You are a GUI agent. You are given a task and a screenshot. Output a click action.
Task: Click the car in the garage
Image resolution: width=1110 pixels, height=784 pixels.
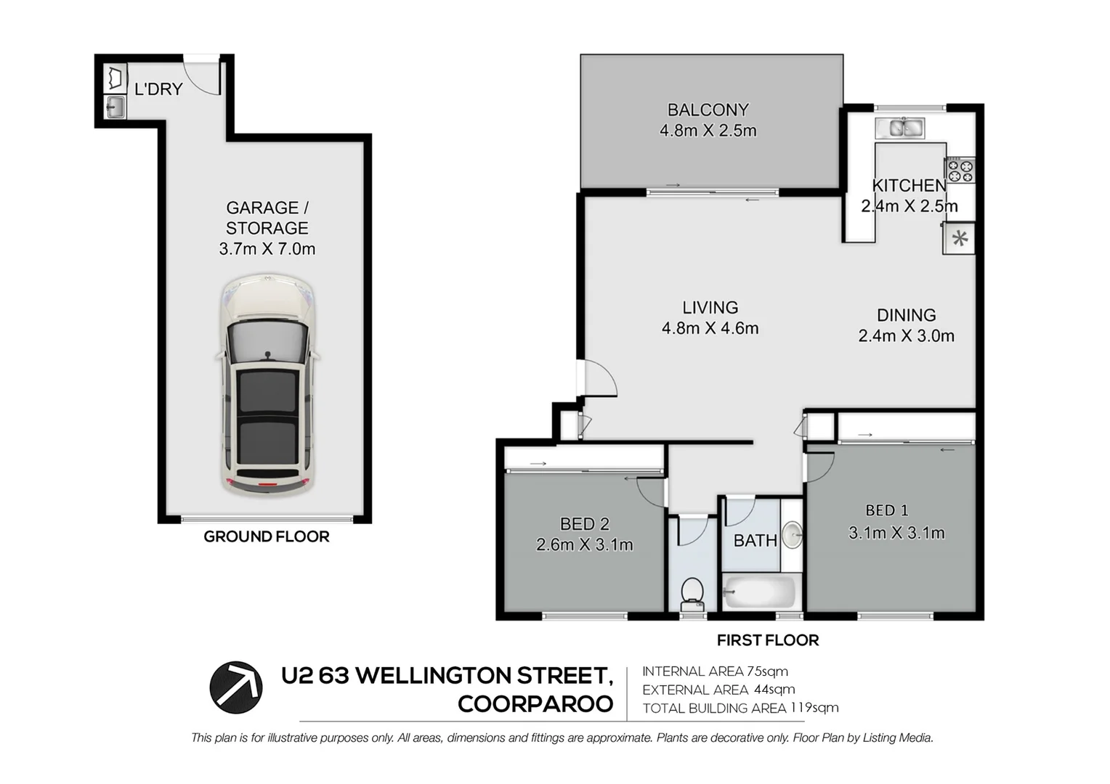tap(267, 385)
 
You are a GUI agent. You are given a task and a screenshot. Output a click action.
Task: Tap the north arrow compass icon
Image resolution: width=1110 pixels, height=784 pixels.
tap(236, 687)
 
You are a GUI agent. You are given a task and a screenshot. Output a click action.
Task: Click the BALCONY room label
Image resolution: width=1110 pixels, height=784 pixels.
tap(708, 110)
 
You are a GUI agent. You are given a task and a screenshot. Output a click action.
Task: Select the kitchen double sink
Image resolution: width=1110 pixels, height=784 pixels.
tap(899, 128)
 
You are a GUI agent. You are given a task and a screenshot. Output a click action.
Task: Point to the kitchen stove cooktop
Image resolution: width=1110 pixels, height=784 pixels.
tap(960, 171)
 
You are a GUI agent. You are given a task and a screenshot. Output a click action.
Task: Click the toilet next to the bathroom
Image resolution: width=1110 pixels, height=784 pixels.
tap(692, 594)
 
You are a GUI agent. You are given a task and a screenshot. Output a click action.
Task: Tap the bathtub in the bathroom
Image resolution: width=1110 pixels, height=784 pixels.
tap(758, 592)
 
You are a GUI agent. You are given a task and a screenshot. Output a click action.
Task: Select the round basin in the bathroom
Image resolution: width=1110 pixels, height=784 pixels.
tap(793, 535)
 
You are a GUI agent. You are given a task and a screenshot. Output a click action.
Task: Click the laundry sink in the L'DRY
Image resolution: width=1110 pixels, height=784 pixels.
tap(115, 108)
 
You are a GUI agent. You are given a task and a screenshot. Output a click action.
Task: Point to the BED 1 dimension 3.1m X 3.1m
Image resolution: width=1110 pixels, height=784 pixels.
tap(896, 533)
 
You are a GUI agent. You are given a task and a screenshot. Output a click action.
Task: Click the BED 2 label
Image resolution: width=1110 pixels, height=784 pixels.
tap(584, 523)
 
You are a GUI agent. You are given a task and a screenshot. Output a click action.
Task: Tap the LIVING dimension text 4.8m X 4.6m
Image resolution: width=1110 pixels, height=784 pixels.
tap(710, 328)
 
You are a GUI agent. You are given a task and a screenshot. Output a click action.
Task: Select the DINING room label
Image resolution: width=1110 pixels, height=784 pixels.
tap(906, 315)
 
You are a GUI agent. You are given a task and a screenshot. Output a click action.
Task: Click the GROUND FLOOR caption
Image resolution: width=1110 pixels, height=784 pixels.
tap(266, 536)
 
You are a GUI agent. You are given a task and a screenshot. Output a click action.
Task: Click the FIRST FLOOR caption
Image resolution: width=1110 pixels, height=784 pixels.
tap(767, 640)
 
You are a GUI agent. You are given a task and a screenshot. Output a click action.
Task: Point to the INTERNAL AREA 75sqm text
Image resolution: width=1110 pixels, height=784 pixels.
tap(715, 671)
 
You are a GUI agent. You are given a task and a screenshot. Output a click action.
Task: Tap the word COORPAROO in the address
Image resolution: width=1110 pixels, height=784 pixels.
tap(535, 704)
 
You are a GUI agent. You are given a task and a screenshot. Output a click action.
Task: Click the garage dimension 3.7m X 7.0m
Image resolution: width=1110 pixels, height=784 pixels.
tap(267, 249)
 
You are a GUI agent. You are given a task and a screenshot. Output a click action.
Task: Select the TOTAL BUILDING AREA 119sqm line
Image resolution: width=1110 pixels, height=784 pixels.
tap(740, 708)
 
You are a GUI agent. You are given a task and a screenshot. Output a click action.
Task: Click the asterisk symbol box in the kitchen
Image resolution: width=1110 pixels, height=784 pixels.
tap(959, 239)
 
